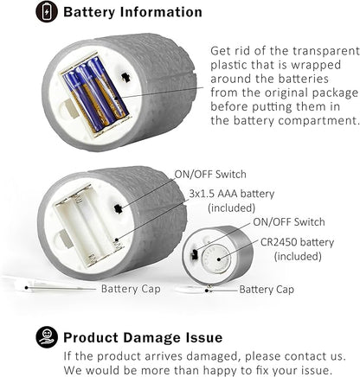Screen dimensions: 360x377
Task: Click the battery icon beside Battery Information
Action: click(x=47, y=11)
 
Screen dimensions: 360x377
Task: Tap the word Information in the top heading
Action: click(x=161, y=12)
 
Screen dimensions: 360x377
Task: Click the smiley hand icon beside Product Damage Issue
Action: click(x=47, y=337)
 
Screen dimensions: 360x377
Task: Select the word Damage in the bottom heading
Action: click(x=152, y=337)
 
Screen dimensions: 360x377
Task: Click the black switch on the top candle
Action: click(x=125, y=77)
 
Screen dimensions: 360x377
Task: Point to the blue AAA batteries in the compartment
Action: click(x=96, y=93)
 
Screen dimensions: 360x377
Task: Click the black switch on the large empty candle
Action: click(x=118, y=208)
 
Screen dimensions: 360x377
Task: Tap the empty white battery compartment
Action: click(x=89, y=226)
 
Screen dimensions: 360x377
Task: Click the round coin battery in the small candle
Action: click(x=216, y=259)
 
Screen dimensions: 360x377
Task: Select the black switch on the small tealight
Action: click(x=194, y=254)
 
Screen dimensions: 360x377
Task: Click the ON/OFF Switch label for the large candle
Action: click(x=210, y=175)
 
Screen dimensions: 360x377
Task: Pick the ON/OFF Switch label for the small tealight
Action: click(x=289, y=222)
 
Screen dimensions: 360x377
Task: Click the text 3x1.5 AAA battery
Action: click(x=232, y=194)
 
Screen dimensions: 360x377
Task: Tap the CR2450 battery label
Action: click(x=297, y=242)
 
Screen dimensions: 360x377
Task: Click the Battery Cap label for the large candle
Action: click(x=131, y=289)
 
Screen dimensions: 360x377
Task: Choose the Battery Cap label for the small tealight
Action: click(x=267, y=290)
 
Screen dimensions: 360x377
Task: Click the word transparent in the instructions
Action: click(x=326, y=51)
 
